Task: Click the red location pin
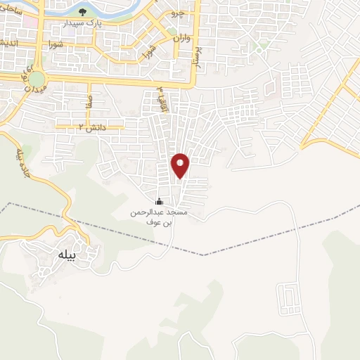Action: coord(181,165)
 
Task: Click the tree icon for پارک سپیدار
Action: coord(84,12)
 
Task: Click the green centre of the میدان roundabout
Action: coord(37,79)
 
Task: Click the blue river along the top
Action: coord(127,8)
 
